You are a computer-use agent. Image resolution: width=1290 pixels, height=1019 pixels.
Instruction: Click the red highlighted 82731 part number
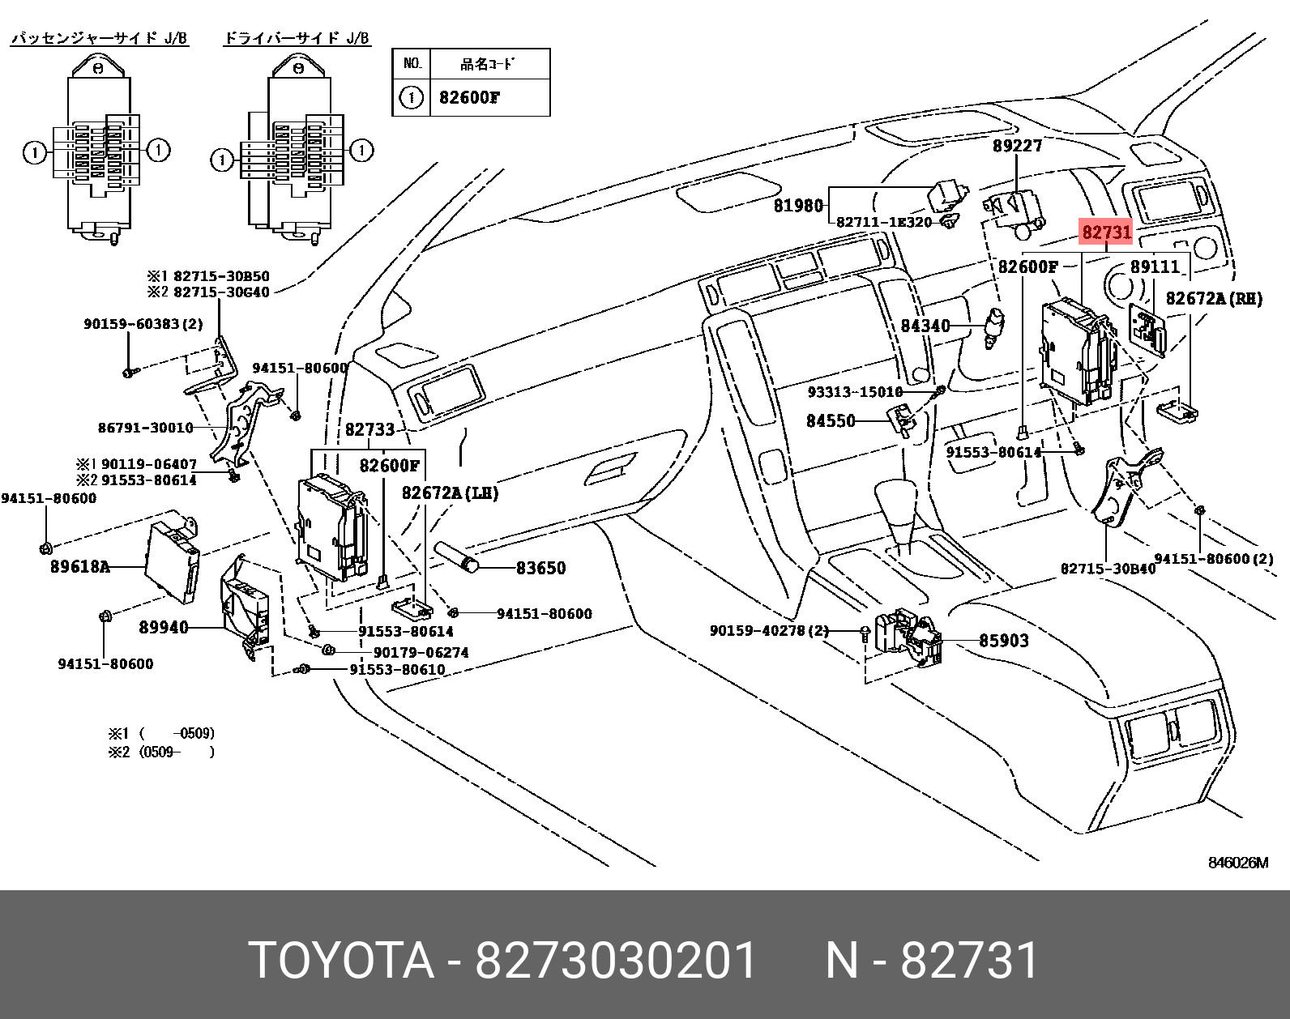point(1106,232)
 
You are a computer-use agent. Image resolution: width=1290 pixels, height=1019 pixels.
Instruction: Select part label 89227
point(1017,146)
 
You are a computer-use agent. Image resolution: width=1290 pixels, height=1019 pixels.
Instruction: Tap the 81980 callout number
point(798,206)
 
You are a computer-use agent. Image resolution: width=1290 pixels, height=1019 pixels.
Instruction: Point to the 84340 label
point(925,326)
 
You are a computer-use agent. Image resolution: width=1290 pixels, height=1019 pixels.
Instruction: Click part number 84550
point(831,421)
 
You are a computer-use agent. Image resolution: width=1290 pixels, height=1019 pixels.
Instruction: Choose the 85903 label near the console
point(1003,641)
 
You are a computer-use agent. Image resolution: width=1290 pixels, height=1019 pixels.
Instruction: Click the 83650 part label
point(540,568)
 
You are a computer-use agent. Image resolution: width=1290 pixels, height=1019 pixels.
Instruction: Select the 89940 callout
point(164,627)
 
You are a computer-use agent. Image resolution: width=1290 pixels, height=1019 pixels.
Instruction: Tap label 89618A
point(79,567)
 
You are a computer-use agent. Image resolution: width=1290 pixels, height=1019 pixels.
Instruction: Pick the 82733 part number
point(369,429)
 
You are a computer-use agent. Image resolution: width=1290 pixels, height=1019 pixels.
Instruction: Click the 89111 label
point(1155,266)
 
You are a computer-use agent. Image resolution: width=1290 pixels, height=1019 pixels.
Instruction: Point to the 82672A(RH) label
point(1214,299)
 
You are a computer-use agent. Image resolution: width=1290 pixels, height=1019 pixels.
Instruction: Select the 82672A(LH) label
point(450,493)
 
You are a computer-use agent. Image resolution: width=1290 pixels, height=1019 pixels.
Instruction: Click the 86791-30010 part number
point(146,428)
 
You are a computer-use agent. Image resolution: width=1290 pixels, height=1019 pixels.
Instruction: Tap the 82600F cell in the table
point(469,98)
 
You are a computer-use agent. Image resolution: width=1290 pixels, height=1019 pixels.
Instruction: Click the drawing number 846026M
point(1237,863)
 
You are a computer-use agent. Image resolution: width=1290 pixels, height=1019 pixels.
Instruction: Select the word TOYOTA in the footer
point(341,961)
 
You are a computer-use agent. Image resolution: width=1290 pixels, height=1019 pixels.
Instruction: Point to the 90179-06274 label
point(421,652)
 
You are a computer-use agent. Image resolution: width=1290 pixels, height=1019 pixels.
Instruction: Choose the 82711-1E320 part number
point(884,222)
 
